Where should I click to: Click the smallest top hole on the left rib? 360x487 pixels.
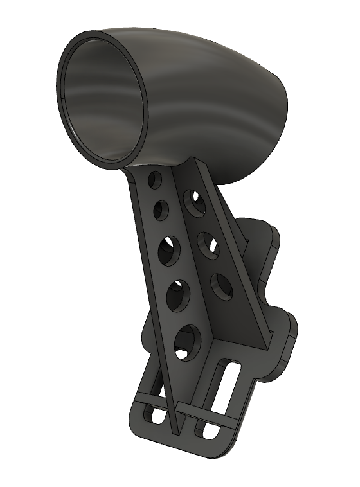(x=155, y=181)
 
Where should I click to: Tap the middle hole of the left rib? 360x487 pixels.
(x=168, y=250)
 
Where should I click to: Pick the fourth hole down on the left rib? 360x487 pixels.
(x=177, y=295)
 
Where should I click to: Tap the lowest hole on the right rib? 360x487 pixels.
(x=222, y=287)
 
